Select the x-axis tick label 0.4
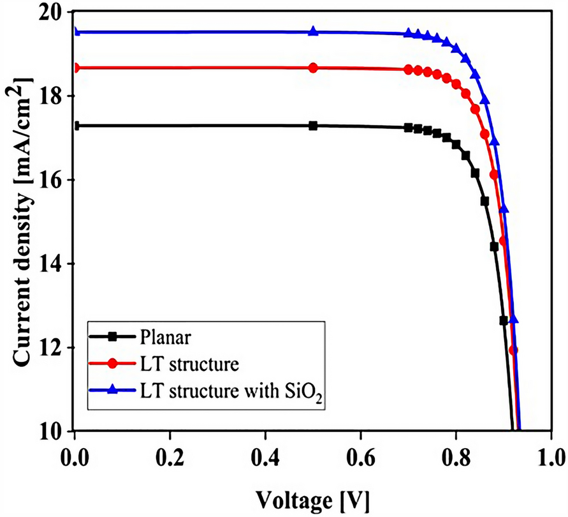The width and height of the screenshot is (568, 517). point(265,458)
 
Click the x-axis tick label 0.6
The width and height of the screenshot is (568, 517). point(361,458)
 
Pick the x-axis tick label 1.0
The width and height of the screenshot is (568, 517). point(550,458)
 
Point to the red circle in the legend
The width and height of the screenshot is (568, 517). point(113,363)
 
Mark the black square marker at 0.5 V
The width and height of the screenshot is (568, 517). point(313,126)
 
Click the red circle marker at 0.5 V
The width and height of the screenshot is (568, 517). point(313,68)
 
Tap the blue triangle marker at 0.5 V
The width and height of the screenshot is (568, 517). point(313,31)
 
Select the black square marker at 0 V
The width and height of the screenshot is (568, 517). point(76,126)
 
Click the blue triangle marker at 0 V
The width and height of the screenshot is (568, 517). point(76,32)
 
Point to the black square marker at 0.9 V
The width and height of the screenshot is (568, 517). point(504,320)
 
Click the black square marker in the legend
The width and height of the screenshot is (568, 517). point(113,336)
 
